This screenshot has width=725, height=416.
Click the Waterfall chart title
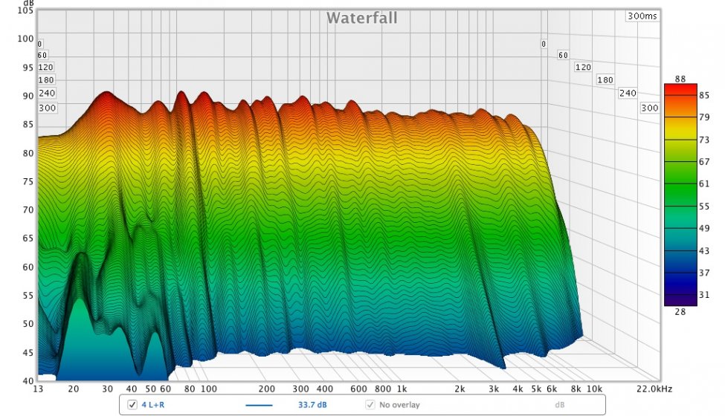(362, 18)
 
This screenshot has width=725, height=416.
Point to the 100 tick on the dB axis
(26, 39)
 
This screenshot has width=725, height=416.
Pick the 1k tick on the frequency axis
(402, 389)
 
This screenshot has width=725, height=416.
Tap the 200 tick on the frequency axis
(267, 389)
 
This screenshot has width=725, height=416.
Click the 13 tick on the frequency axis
(39, 389)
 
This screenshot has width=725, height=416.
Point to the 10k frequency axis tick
(593, 389)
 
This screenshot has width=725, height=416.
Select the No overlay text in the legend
(399, 405)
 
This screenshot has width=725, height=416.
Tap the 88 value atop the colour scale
(680, 79)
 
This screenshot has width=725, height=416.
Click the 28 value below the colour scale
(680, 312)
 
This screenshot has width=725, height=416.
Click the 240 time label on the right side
(628, 93)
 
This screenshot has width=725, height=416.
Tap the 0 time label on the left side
(40, 44)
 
